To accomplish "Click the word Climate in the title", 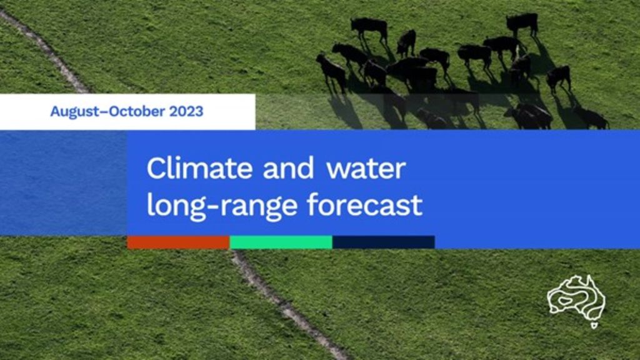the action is pos(199,167).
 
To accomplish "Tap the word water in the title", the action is pos(366,169).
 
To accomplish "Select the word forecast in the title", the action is pos(364,204).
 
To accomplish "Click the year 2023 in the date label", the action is pos(186,111).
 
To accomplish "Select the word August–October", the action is pos(107,111).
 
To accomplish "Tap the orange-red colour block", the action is pos(178,242).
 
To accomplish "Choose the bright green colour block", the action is pos(281,242).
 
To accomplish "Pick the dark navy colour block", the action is pos(384,242).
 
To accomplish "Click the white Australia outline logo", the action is pos(576,298).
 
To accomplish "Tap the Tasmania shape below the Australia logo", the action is pos(594,325).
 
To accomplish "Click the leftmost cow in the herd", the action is pos(331,72).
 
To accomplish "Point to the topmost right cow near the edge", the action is pos(522,24).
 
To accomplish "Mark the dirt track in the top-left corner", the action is pos(44,51).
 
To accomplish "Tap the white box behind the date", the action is pos(127,112).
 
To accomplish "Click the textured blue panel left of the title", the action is pos(63,183).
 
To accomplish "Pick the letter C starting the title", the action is pos(156,167).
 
